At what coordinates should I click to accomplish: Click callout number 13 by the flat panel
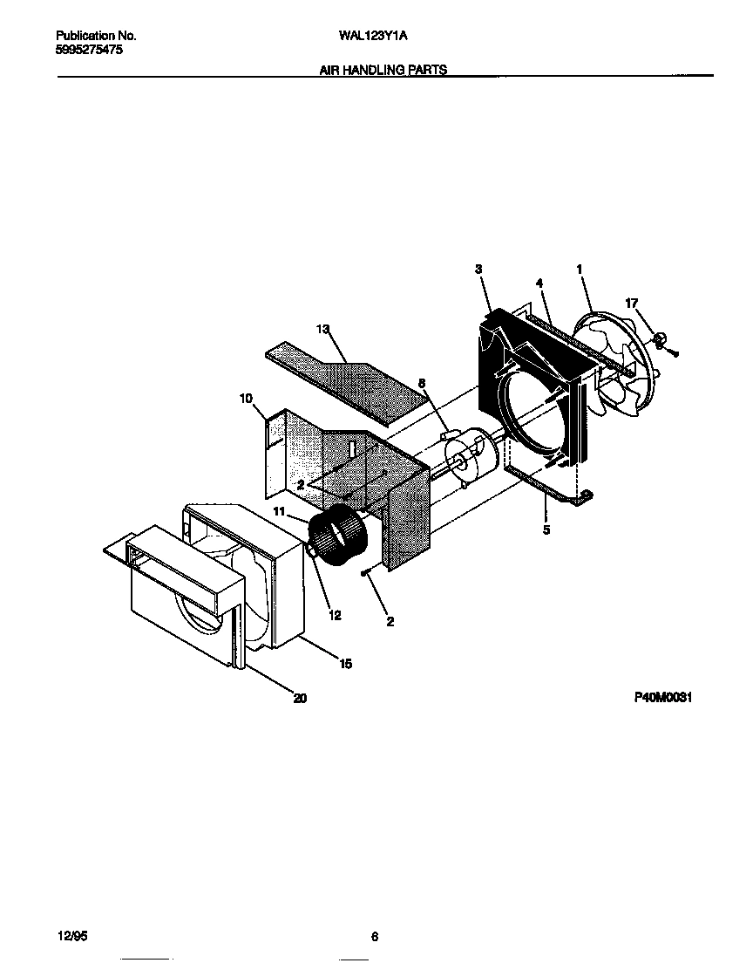322,329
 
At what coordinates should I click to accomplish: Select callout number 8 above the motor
422,382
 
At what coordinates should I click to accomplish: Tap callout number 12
335,615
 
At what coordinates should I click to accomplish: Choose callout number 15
345,664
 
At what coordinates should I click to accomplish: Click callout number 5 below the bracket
546,529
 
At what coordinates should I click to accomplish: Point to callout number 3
478,270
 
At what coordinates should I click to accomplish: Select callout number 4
539,283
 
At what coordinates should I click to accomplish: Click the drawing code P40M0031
662,698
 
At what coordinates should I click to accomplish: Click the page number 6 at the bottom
374,937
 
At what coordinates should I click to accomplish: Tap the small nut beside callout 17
661,337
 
